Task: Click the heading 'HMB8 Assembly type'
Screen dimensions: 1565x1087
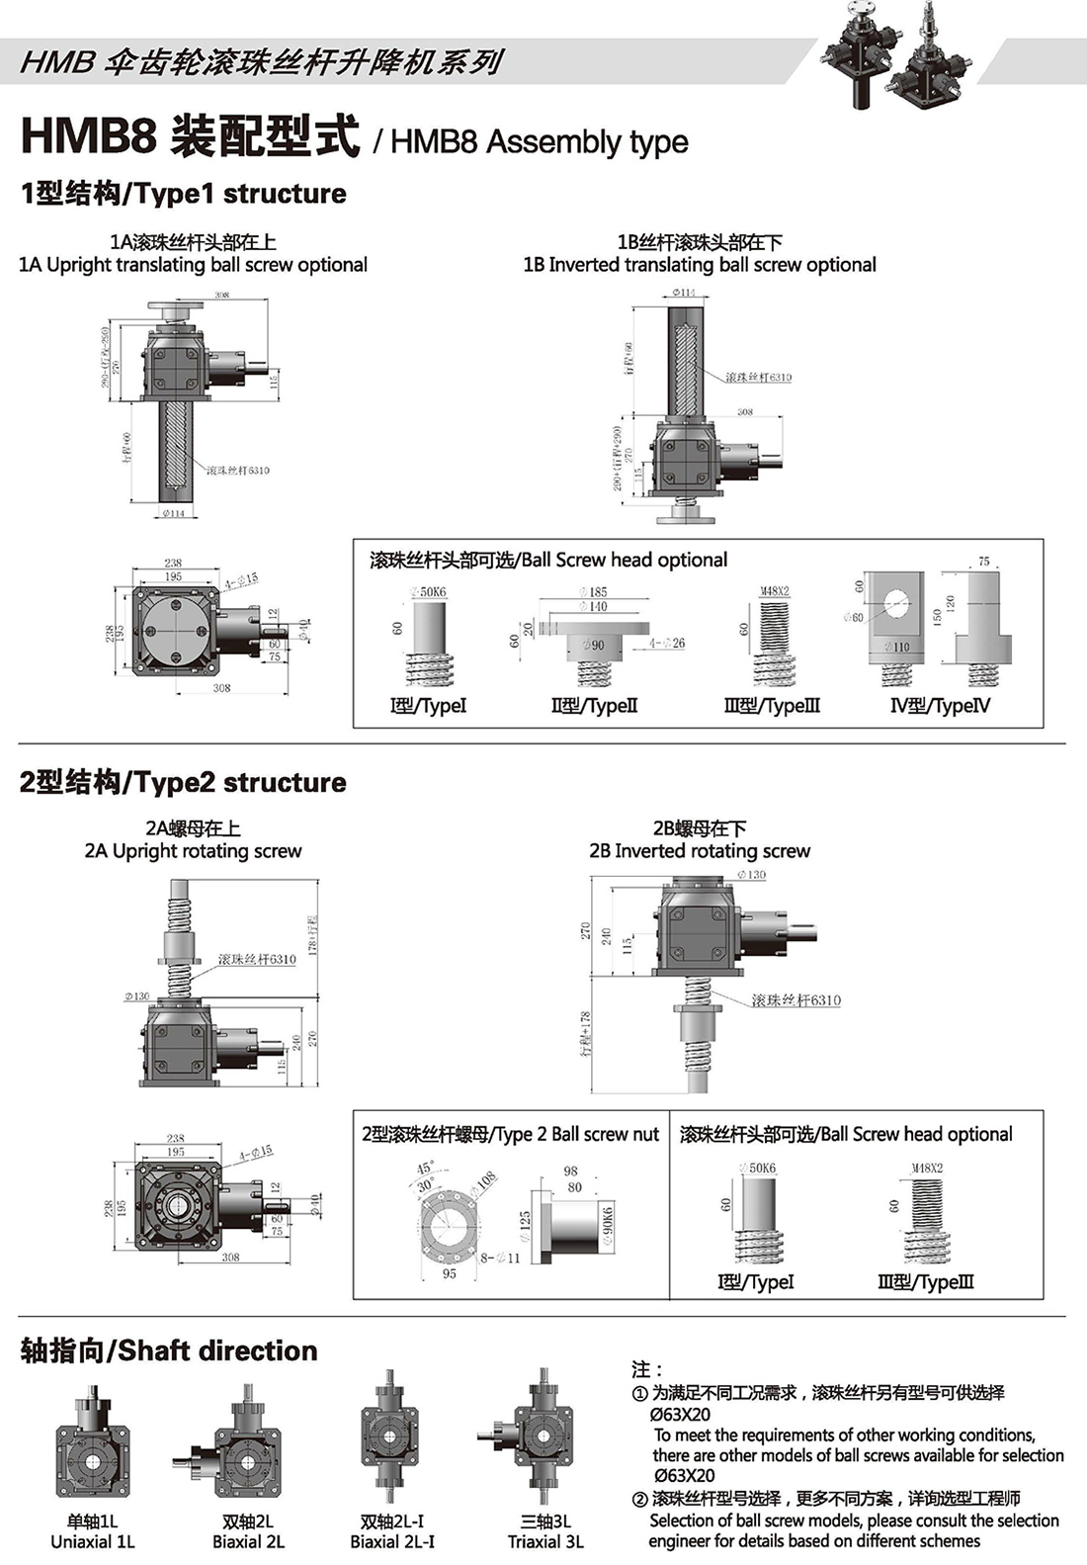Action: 539,142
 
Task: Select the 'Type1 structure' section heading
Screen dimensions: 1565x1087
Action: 184,194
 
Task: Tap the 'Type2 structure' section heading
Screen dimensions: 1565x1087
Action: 183,783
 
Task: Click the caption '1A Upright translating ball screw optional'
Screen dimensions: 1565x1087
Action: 193,265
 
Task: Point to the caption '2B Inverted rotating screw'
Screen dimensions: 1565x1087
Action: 700,851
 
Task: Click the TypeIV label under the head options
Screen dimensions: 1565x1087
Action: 940,706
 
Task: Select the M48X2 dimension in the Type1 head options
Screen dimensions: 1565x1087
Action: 775,591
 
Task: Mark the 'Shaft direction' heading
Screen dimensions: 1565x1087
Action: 169,1350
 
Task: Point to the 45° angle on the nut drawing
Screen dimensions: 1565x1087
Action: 425,1169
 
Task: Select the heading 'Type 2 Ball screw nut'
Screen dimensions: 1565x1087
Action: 510,1135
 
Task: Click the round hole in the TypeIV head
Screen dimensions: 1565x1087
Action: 895,602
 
